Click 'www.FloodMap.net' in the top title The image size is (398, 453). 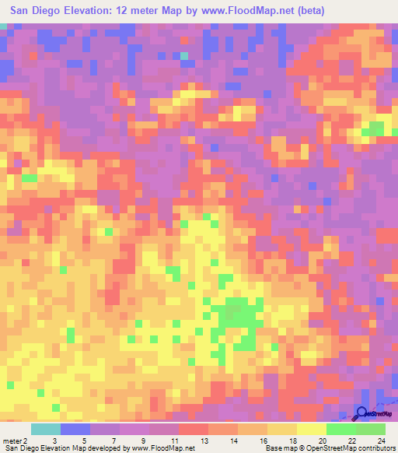click(x=239, y=10)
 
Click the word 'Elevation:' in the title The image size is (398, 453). click(x=89, y=10)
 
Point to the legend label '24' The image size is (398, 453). click(x=381, y=441)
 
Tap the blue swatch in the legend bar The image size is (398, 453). click(x=75, y=429)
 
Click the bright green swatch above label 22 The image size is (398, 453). click(x=340, y=429)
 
